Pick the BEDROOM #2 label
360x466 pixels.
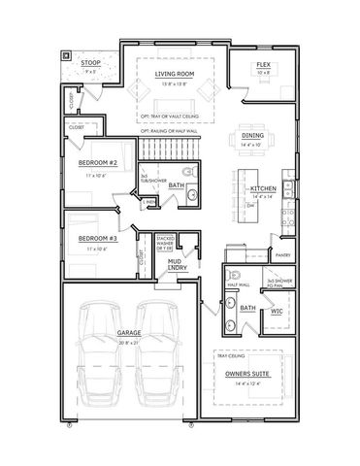pos(98,163)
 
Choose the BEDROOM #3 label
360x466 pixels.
pos(98,238)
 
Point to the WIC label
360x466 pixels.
pos(277,313)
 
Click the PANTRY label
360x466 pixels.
pos(283,255)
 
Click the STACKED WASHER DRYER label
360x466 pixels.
pos(165,240)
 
